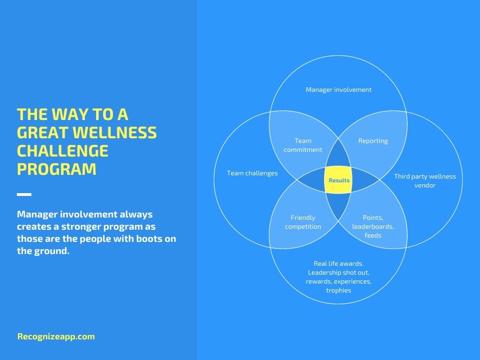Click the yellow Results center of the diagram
tap(338, 180)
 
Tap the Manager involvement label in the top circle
tap(338, 90)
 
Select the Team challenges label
tap(252, 173)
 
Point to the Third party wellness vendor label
tap(425, 180)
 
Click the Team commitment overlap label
tap(303, 145)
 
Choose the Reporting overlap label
tap(373, 141)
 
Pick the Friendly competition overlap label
tap(303, 222)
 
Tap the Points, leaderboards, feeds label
tap(373, 226)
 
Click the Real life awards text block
tap(338, 277)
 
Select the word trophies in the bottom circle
tap(338, 290)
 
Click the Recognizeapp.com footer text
tap(56, 337)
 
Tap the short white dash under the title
tap(24, 195)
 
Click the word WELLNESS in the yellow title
tap(115, 133)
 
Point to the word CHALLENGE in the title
tap(63, 151)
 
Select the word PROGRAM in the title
tap(57, 169)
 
